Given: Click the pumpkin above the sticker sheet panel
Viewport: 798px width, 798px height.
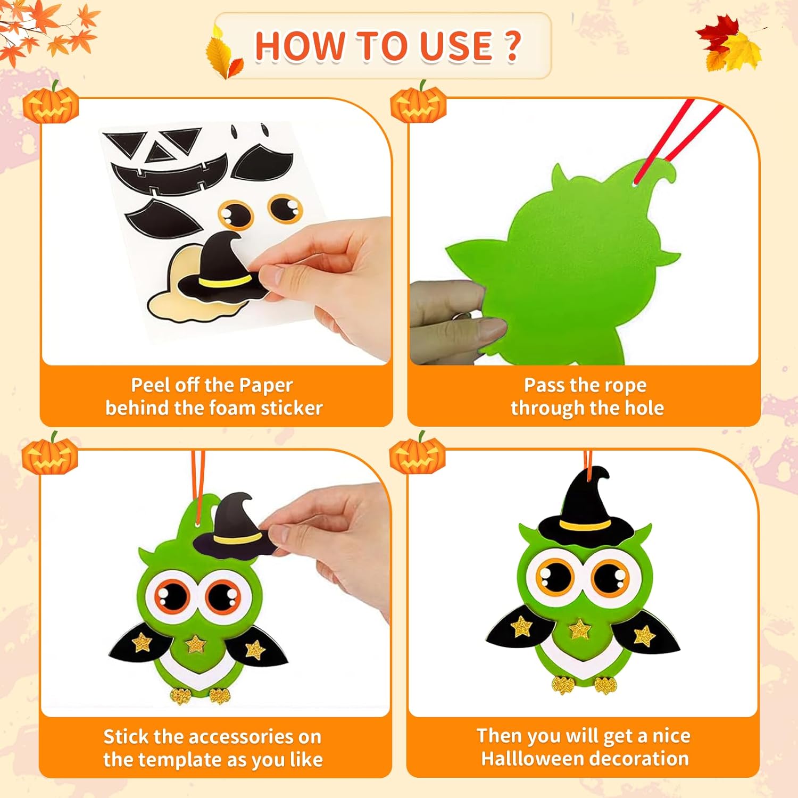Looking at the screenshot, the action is [51, 103].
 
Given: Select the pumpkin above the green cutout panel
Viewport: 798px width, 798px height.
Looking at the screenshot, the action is [419, 102].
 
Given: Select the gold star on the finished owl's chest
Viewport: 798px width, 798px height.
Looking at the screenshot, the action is [580, 629].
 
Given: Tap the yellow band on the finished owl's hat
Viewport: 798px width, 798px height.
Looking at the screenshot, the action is [585, 525].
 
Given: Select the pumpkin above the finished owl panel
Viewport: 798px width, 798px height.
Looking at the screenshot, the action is [418, 454].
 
